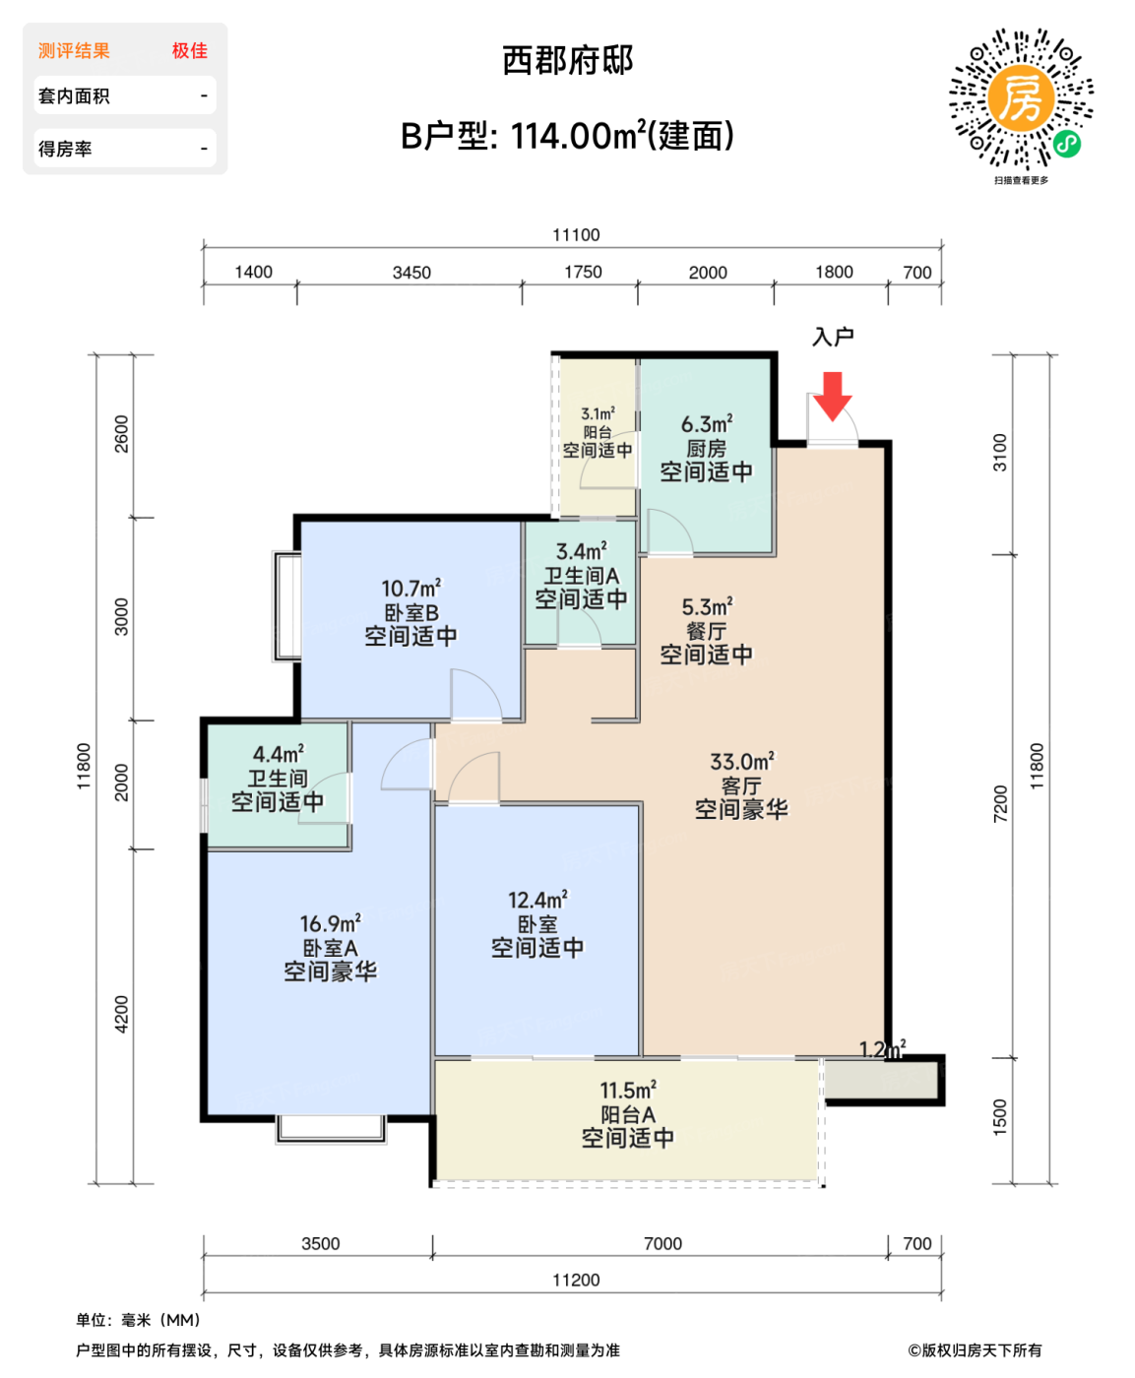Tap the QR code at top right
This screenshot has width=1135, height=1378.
(1021, 99)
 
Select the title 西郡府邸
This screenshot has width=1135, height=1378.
(568, 61)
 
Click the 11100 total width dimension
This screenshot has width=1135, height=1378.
(576, 235)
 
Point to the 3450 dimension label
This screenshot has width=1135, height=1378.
(411, 273)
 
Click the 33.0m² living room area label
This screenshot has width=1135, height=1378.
(742, 762)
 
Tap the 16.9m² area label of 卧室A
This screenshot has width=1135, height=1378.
(331, 924)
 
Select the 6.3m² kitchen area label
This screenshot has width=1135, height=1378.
(707, 424)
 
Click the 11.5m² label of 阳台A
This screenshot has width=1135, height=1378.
(628, 1091)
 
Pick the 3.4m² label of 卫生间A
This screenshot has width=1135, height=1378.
(582, 552)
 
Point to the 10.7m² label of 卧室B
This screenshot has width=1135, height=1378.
(411, 589)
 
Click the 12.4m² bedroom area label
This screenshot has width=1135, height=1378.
(537, 901)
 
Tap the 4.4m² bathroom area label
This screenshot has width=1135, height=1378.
(279, 755)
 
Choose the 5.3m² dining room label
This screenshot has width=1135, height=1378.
(707, 607)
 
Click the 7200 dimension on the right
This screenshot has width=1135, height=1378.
(1001, 804)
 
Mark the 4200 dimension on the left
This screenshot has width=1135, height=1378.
(122, 1014)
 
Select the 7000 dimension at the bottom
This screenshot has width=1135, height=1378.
(662, 1244)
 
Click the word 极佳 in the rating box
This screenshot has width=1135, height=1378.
(190, 51)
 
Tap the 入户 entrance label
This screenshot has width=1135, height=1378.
(833, 338)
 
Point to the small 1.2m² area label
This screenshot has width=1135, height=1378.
(882, 1049)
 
